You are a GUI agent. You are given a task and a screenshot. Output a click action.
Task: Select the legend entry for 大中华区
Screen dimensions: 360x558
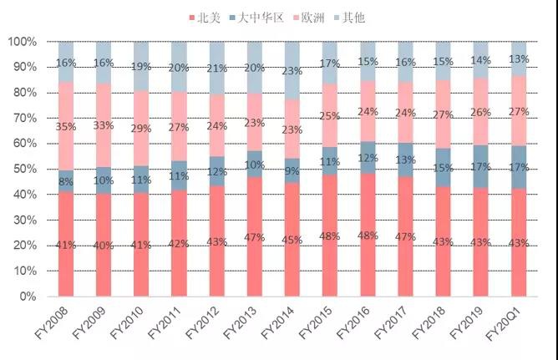pyautogui.click(x=266, y=18)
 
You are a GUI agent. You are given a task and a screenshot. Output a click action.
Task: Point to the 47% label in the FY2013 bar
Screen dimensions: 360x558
pyautogui.click(x=255, y=237)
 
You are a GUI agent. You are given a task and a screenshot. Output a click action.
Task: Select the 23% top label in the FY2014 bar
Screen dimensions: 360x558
pyautogui.click(x=292, y=71)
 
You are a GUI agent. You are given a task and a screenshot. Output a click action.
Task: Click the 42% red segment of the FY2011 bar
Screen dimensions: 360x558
pyautogui.click(x=180, y=244)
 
